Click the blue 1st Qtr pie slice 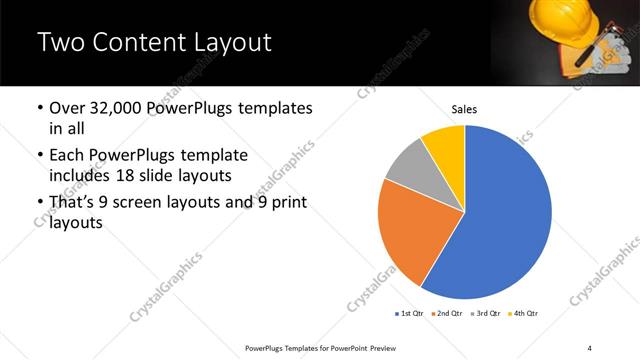click(510, 220)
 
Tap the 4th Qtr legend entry click(526, 314)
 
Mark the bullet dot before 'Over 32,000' click(39, 108)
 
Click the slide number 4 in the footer click(590, 348)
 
